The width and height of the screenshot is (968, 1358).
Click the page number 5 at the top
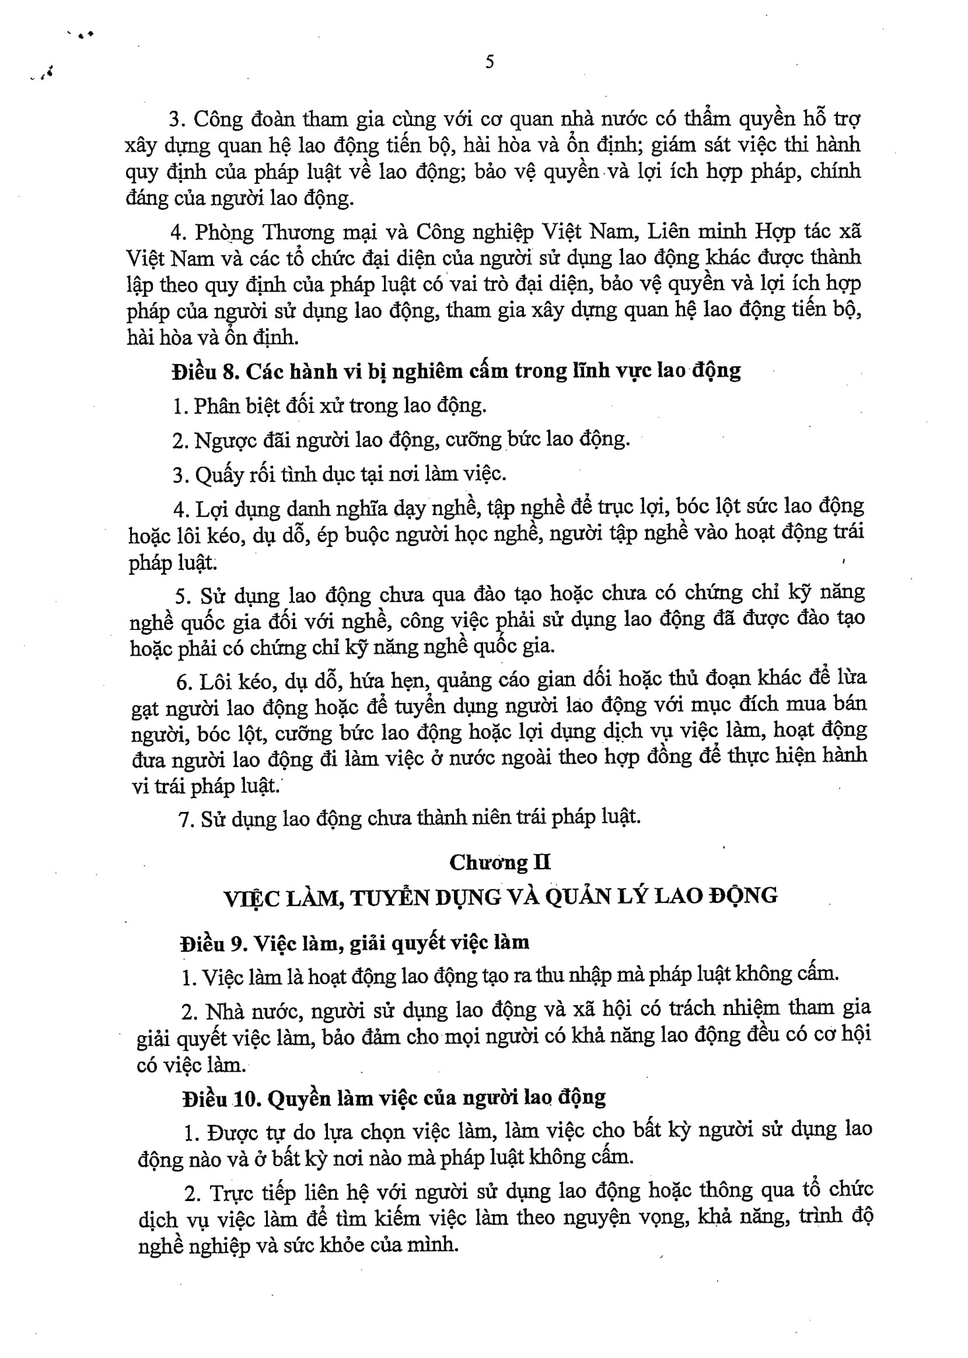490,62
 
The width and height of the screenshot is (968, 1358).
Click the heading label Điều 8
205,371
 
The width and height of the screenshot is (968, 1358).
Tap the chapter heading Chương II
499,862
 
